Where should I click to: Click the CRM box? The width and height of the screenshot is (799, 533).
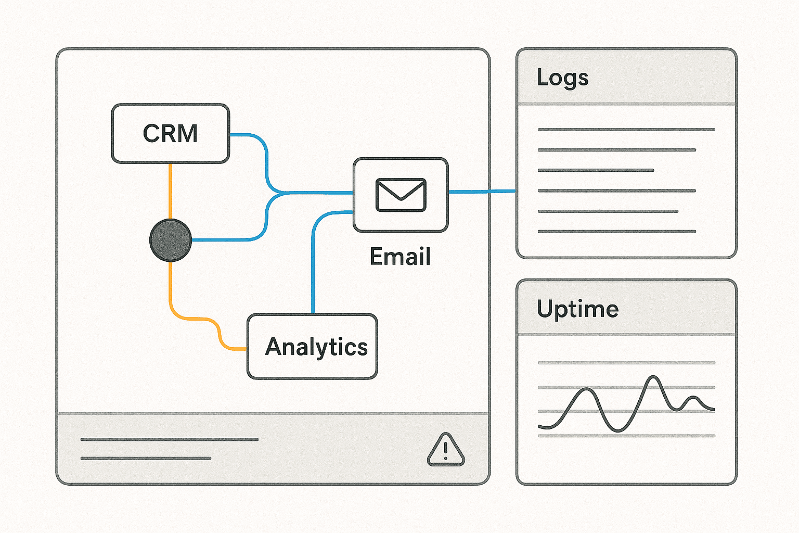171,134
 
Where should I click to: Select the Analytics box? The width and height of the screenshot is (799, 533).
312,347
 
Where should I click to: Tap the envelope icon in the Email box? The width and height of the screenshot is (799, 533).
401,195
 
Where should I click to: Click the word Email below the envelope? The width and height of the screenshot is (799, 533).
400,257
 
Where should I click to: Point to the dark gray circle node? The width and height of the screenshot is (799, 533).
171,240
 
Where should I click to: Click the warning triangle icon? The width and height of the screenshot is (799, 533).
446,450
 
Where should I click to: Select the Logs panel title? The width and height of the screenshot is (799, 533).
562,78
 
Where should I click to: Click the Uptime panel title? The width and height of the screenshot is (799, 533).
577,309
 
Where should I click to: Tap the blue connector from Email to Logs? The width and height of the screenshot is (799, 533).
481,192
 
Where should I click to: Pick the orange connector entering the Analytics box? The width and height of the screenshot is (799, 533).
229,347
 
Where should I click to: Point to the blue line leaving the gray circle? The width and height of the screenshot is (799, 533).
224,240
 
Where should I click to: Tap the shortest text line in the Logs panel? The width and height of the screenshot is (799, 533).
596,170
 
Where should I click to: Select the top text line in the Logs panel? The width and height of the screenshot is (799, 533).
626,130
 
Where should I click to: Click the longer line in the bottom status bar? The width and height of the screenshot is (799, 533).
170,440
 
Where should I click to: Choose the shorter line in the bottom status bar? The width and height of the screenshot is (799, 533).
146,459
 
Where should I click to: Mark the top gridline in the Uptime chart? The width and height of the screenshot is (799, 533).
626,363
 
